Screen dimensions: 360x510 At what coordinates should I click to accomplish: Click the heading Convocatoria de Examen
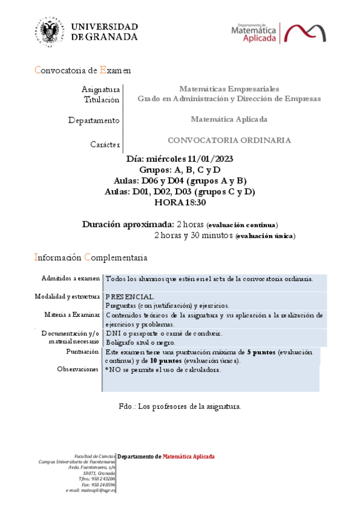pyautogui.click(x=82, y=70)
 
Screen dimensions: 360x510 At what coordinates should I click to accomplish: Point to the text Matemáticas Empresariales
pyautogui.click(x=229, y=89)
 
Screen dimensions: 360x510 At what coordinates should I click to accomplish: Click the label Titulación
pyautogui.click(x=102, y=99)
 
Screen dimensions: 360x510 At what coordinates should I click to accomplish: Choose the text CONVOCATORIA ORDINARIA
pyautogui.click(x=229, y=140)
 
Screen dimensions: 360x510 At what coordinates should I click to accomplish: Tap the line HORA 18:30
pyautogui.click(x=180, y=202)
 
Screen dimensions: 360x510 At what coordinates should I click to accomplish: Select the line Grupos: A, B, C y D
pyautogui.click(x=180, y=170)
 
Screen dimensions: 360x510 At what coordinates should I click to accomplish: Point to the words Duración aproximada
pyautogui.click(x=128, y=224)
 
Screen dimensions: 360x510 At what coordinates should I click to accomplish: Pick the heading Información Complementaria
pyautogui.click(x=90, y=257)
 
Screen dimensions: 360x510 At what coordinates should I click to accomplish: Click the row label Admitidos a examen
pyautogui.click(x=70, y=278)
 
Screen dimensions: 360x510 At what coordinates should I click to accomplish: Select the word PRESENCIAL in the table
pyautogui.click(x=130, y=296)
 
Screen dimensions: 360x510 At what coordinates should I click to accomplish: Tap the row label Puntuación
pyautogui.click(x=82, y=351)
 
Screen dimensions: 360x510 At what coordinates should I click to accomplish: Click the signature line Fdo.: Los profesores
pyautogui.click(x=180, y=407)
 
